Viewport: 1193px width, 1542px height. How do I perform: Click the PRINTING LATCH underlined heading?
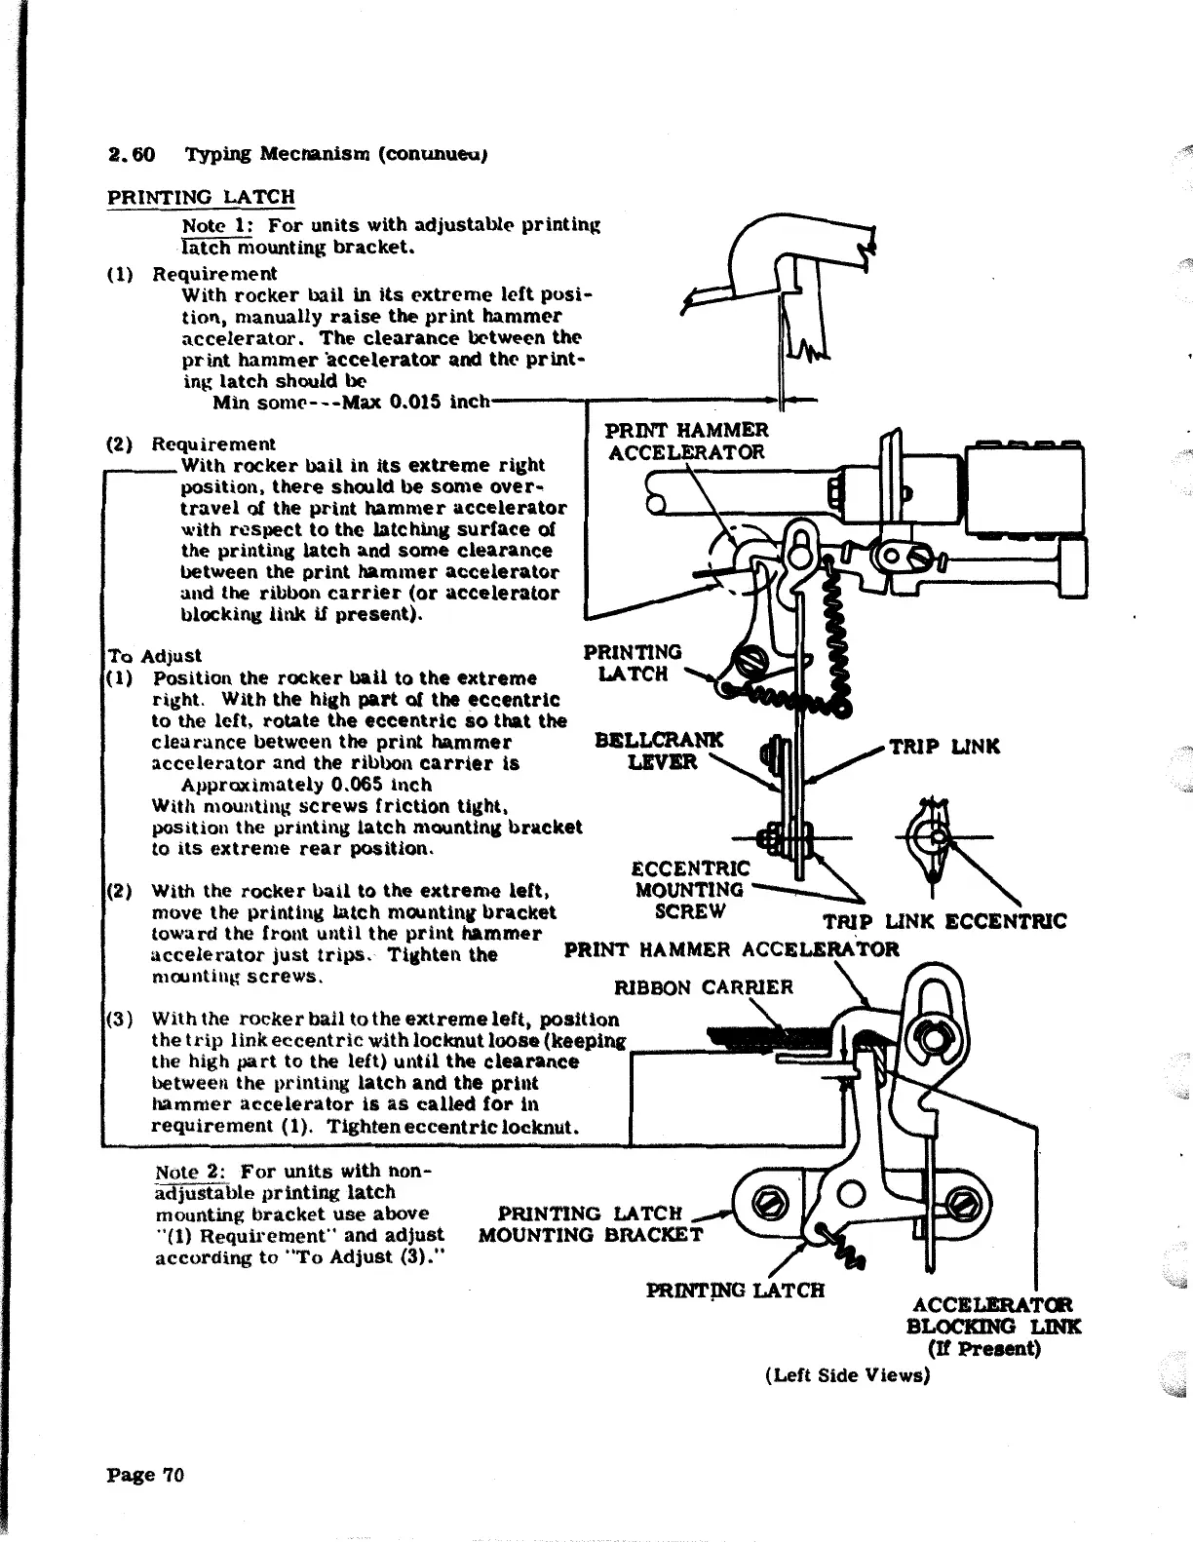tap(200, 196)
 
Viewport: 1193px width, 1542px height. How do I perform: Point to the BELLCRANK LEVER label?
tap(659, 751)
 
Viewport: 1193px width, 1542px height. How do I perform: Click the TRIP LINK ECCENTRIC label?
tap(944, 921)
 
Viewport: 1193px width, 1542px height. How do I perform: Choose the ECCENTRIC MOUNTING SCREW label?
tap(690, 889)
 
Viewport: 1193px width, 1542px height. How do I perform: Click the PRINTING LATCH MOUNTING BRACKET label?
tap(591, 1224)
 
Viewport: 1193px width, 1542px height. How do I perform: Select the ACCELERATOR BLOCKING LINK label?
tap(992, 1326)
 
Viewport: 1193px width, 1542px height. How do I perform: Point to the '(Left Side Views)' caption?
tap(848, 1374)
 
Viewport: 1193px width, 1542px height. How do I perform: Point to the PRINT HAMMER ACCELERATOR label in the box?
tap(686, 441)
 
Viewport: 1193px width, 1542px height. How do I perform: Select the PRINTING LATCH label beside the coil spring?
tap(633, 662)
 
